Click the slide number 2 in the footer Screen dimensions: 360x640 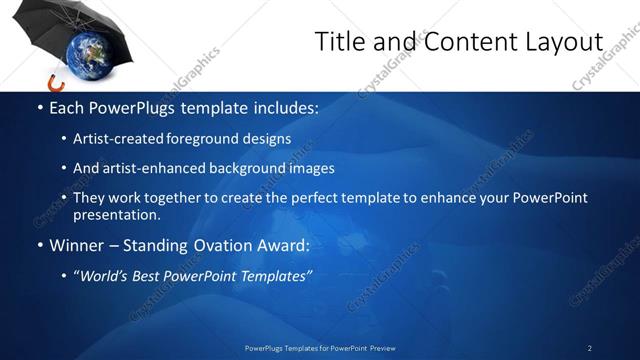point(589,348)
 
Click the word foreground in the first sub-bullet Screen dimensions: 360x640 point(214,139)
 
